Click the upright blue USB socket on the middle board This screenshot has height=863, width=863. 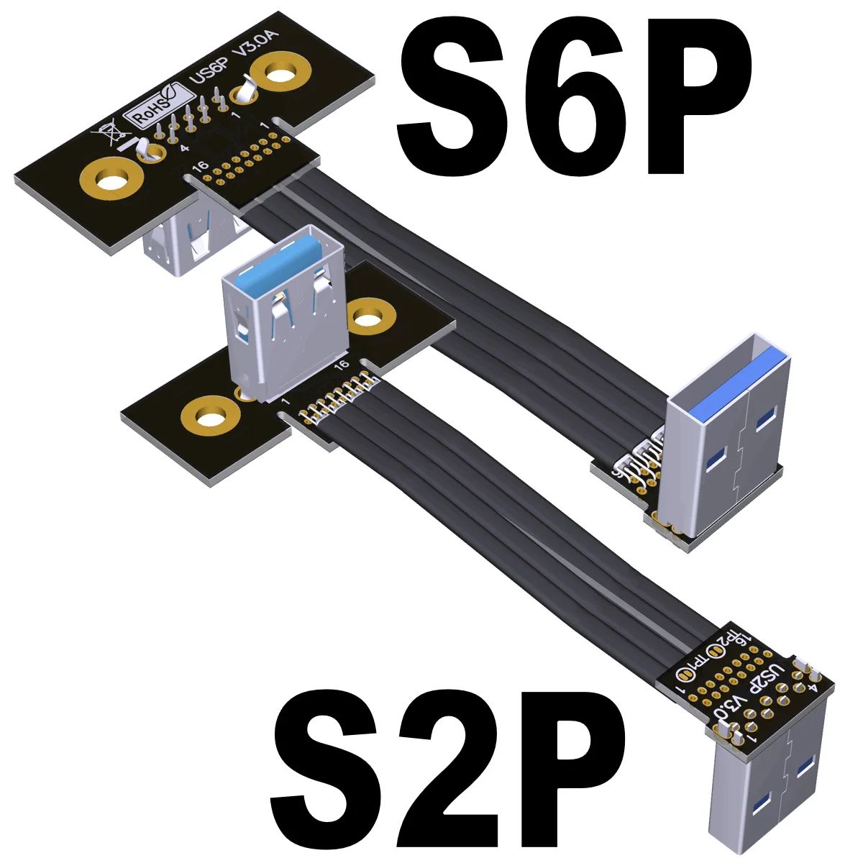[x=284, y=309]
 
